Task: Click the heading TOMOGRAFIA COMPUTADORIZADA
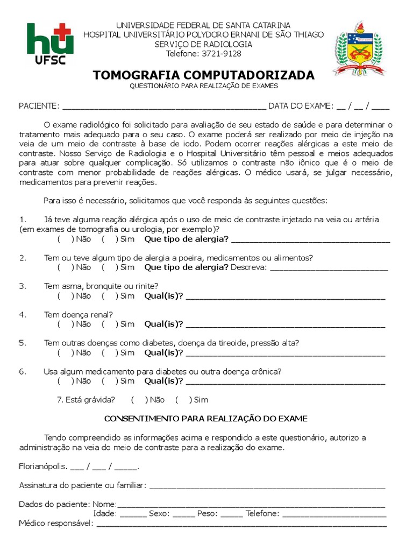pyautogui.click(x=204, y=75)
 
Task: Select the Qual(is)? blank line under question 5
pyautogui.click(x=285, y=354)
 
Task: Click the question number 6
pyautogui.click(x=23, y=371)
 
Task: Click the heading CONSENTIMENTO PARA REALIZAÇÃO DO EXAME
pyautogui.click(x=206, y=419)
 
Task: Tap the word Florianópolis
pyautogui.click(x=43, y=467)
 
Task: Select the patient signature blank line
pyautogui.click(x=267, y=486)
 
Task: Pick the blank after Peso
pyautogui.click(x=231, y=514)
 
